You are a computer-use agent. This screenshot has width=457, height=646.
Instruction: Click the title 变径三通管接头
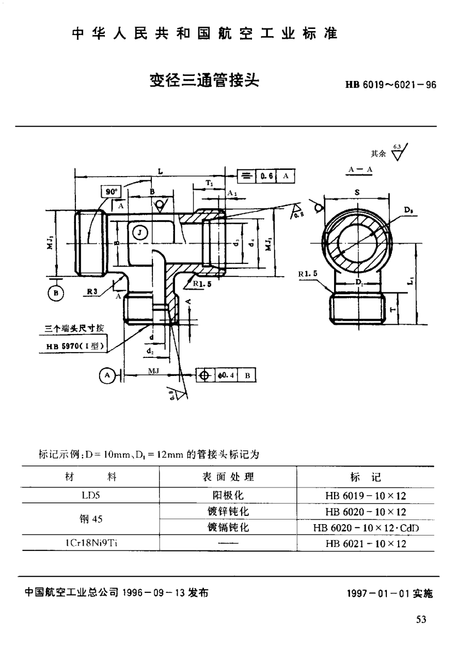(x=204, y=81)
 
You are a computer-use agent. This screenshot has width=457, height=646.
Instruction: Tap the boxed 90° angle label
(x=109, y=191)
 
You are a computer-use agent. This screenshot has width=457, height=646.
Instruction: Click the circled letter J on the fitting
(x=139, y=232)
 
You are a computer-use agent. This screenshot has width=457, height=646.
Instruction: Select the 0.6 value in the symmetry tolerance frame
(x=267, y=176)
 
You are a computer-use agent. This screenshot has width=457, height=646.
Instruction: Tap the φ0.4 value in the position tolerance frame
(x=226, y=375)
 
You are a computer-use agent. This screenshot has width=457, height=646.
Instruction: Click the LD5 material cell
(x=90, y=495)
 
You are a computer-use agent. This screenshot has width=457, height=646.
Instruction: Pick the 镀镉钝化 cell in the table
(x=228, y=528)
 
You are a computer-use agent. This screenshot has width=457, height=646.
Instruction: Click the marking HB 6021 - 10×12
(x=366, y=544)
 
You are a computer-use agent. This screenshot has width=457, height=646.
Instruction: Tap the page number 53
(x=421, y=620)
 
